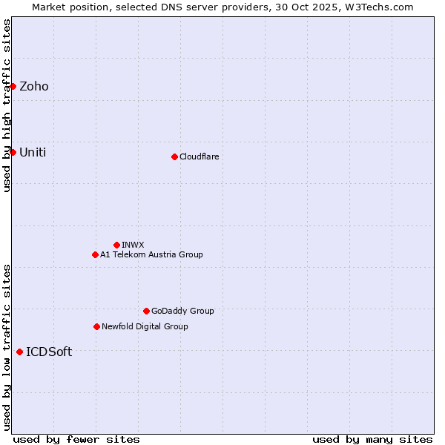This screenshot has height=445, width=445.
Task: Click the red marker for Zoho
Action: [13, 86]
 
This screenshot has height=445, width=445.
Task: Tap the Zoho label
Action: [34, 87]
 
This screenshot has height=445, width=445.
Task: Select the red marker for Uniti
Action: [13, 152]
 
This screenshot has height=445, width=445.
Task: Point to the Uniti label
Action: [33, 153]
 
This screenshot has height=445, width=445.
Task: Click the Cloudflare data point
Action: [174, 156]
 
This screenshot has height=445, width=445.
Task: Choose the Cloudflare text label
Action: [199, 156]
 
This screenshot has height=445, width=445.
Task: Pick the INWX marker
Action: [116, 245]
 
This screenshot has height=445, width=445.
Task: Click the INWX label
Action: [133, 245]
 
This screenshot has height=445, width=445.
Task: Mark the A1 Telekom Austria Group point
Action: [95, 254]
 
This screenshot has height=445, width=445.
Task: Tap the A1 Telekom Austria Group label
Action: [151, 254]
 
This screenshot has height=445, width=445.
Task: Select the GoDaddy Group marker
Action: [146, 311]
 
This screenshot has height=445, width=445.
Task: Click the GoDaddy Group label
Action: [182, 311]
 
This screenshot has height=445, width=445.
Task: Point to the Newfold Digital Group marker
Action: [96, 326]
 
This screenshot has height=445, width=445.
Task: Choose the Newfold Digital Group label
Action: [145, 326]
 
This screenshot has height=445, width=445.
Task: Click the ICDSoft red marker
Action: [19, 352]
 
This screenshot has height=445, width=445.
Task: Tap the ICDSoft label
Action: [49, 352]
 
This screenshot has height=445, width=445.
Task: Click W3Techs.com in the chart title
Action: [383, 7]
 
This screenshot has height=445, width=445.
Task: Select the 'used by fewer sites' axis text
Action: [76, 439]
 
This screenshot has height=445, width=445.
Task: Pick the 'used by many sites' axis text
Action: [372, 439]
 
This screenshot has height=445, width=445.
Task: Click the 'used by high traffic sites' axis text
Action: [7, 105]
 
